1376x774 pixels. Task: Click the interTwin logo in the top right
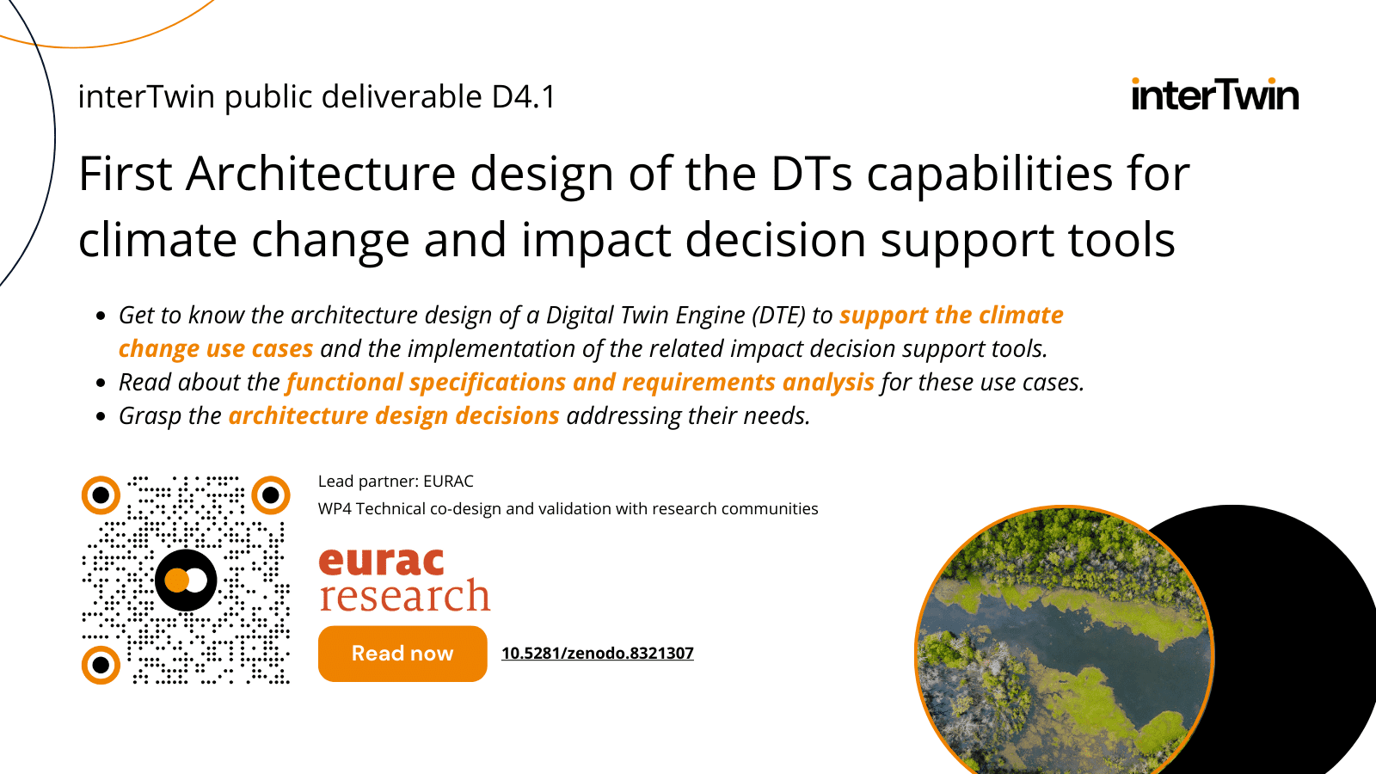pos(1215,95)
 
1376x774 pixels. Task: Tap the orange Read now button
pos(402,653)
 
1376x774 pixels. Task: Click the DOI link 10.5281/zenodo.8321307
pos(597,653)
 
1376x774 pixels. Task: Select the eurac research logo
pos(404,580)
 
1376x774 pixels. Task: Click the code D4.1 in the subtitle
pos(524,97)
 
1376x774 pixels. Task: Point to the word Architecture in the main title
pos(321,174)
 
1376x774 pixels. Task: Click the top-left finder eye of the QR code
pos(101,495)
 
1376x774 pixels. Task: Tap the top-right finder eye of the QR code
pos(271,495)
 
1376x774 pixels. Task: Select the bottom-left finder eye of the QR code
pos(101,665)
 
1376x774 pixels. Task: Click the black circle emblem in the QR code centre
pos(186,580)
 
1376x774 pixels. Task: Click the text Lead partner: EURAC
pos(396,481)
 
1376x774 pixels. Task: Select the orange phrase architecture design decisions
pos(394,416)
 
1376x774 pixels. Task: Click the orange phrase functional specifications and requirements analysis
pos(580,382)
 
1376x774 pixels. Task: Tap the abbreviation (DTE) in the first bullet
pos(779,315)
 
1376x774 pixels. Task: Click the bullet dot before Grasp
pos(101,417)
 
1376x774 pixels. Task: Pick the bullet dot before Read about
pos(101,384)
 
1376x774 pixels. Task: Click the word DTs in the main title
pos(812,174)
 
